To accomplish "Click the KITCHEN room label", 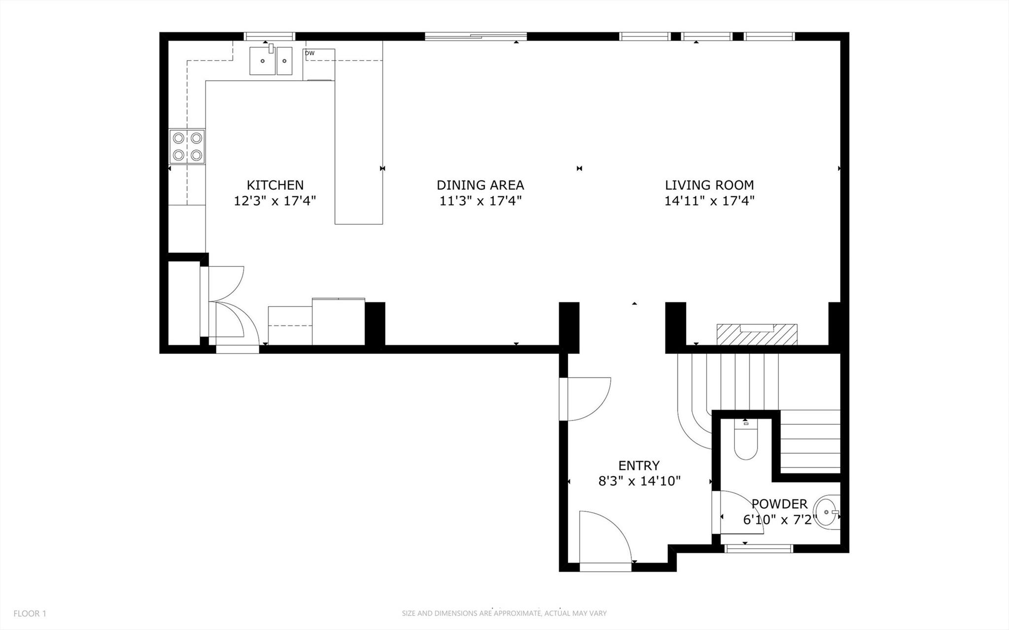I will (x=275, y=185).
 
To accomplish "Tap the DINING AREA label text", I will (x=480, y=185).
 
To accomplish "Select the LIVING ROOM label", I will (x=709, y=185).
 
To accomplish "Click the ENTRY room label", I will (x=639, y=466).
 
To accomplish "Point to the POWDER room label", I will (x=779, y=504).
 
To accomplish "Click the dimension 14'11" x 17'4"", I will (x=709, y=201).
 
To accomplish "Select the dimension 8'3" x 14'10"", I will (x=639, y=481).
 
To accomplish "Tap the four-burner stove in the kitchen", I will (x=187, y=146).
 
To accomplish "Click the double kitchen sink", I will (x=271, y=61).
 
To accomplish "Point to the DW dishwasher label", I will (x=310, y=53).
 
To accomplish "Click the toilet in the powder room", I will (x=745, y=441).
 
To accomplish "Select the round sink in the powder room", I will (x=827, y=512).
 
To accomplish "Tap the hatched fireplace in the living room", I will (x=757, y=335).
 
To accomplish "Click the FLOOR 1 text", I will (x=30, y=614).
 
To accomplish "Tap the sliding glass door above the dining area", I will (x=476, y=36).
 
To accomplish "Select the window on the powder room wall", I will (x=759, y=548).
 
